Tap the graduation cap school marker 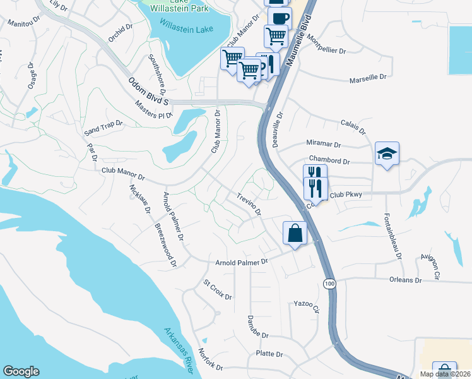point(387,153)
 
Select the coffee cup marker point(279,17)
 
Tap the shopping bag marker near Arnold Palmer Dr point(295,233)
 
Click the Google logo point(21,371)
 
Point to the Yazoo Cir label point(307,306)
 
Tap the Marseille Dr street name point(369,78)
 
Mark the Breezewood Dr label point(166,242)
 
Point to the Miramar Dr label point(323,144)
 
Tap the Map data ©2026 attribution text point(445,374)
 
